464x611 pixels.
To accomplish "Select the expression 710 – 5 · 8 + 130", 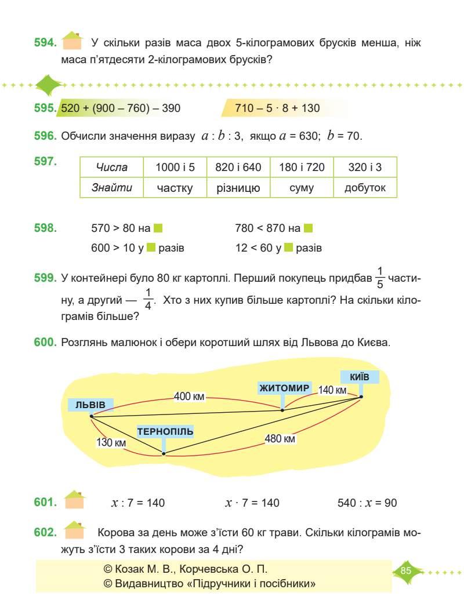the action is pyautogui.click(x=278, y=108).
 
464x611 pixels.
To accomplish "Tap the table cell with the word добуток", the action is pyautogui.click(x=365, y=187).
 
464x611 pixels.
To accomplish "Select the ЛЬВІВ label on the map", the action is pyautogui.click(x=90, y=404).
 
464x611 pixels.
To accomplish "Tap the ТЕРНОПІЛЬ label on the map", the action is pyautogui.click(x=165, y=432).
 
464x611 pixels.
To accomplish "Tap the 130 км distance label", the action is pyautogui.click(x=112, y=442).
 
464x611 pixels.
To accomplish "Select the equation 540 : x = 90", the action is pyautogui.click(x=367, y=503).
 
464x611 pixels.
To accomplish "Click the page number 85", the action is pyautogui.click(x=405, y=570).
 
